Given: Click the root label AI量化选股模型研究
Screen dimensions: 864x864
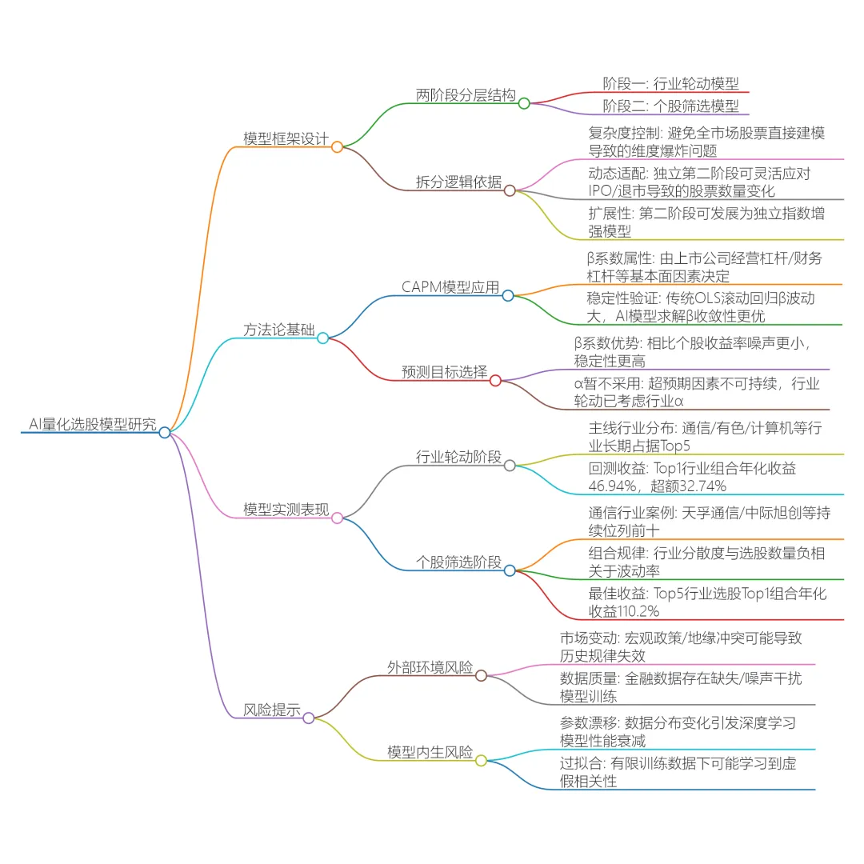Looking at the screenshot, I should (x=93, y=425).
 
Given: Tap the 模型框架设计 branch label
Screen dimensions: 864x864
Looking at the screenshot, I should (x=286, y=138).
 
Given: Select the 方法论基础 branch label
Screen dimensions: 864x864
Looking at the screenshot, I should (x=278, y=330).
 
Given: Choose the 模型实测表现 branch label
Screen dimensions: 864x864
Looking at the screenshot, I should (x=286, y=510).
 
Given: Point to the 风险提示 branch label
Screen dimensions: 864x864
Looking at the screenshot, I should (x=271, y=710).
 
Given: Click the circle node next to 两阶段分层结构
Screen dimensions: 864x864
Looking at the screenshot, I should (x=524, y=103).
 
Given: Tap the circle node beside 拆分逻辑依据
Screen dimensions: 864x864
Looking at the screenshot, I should (x=510, y=190).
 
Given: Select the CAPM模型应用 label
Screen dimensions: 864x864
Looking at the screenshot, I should (x=450, y=287).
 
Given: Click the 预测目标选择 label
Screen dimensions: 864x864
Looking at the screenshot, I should (x=444, y=372).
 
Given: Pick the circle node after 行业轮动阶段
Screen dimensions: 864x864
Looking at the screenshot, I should (x=510, y=466).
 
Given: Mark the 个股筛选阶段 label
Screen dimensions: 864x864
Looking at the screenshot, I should (x=458, y=562).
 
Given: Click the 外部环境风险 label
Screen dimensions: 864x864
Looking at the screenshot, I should (x=430, y=667).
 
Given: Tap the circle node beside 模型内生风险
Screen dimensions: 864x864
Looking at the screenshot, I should (x=481, y=760).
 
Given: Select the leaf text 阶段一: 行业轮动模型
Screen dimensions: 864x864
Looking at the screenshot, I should (x=670, y=83).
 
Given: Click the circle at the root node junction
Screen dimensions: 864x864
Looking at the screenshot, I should (x=164, y=432).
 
